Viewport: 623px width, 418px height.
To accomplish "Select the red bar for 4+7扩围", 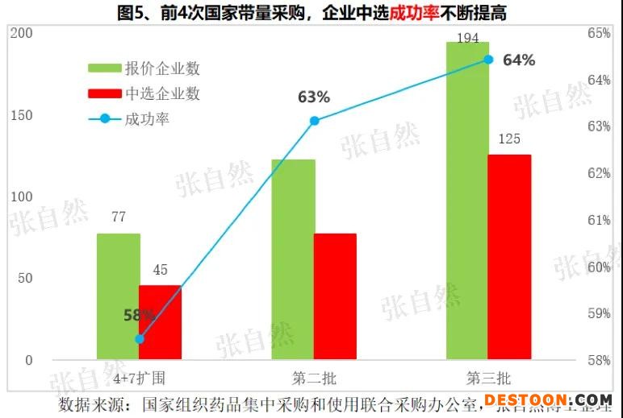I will coord(160,322).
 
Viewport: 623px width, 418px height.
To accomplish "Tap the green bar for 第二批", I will coord(293,259).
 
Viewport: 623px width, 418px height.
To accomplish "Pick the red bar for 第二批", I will coord(335,296).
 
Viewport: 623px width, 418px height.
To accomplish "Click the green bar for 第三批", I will coord(467,201).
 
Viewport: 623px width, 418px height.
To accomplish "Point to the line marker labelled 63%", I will coord(315,121).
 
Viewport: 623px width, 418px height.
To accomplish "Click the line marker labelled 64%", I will coord(488,59).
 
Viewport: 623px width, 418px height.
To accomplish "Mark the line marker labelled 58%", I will coord(140,338).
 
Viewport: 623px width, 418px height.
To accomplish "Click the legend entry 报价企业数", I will coord(162,68).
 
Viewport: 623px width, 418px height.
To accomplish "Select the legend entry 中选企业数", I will coord(162,93).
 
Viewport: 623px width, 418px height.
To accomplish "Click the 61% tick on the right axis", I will coord(599,220).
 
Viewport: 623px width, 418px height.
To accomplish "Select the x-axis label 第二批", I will coord(314,378).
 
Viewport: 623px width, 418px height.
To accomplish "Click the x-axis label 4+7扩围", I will coord(139,378).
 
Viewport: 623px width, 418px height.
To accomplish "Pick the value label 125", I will coord(509,139).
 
